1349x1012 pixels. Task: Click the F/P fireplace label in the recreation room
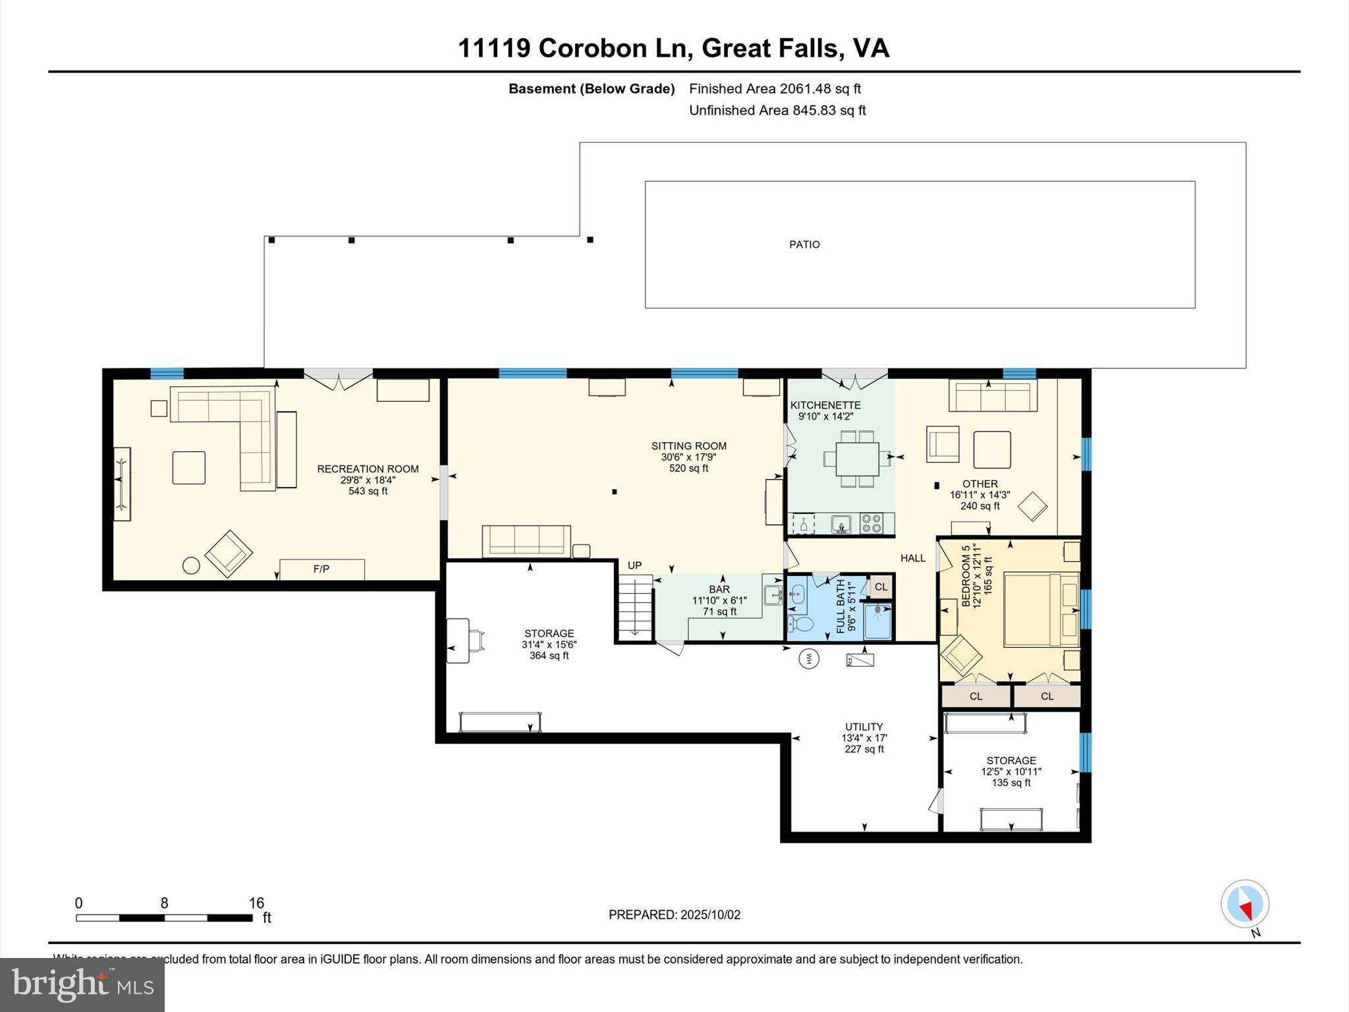(x=321, y=569)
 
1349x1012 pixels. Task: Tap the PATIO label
(x=804, y=244)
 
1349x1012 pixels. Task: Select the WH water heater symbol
(x=809, y=658)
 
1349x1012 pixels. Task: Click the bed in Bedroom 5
(x=1041, y=609)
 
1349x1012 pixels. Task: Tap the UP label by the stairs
(x=634, y=565)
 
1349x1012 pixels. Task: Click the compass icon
(x=1244, y=904)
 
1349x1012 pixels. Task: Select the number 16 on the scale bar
(x=256, y=903)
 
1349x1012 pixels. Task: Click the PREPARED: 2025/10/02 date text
(x=674, y=914)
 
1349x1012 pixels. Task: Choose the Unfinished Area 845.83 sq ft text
(x=777, y=111)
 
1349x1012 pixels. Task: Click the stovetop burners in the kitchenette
(x=871, y=524)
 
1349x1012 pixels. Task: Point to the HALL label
(x=913, y=558)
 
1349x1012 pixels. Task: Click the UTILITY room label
(x=864, y=727)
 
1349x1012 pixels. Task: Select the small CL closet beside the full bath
(x=881, y=586)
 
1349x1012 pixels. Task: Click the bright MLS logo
(x=82, y=985)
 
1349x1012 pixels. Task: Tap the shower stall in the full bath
(x=877, y=621)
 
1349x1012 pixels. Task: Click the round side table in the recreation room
(x=191, y=565)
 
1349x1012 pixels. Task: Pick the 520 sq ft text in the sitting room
(x=688, y=468)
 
